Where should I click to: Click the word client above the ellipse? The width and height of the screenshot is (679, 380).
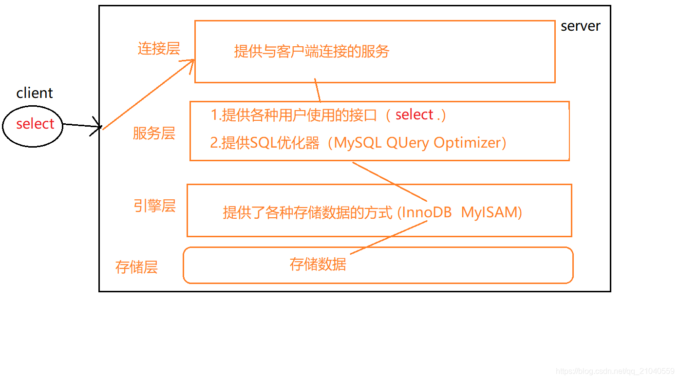35,93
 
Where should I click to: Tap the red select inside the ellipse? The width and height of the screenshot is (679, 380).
35,124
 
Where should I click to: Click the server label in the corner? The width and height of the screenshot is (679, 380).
581,26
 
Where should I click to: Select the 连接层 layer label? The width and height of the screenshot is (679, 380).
159,49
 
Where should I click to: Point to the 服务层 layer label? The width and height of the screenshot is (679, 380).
154,133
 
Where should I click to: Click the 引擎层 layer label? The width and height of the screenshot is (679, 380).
154,206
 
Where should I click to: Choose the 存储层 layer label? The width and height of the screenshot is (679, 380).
136,267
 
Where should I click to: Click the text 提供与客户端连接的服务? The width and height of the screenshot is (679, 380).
312,51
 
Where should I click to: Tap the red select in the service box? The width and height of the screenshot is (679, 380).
415,114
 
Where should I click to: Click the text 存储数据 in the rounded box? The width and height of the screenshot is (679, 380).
318,264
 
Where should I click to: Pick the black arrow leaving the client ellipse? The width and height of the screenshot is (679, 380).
82,126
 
